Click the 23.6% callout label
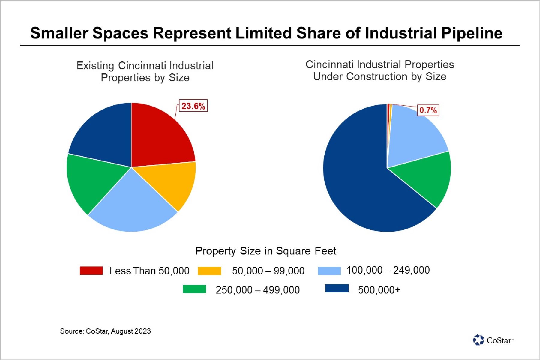click(193, 106)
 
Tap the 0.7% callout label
click(428, 110)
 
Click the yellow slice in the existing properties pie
click(171, 183)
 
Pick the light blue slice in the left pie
click(132, 204)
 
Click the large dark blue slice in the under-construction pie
click(360, 180)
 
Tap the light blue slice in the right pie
click(414, 135)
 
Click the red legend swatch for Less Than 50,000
click(91, 271)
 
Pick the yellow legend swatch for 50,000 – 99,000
click(209, 271)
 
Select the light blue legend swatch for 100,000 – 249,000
click(329, 271)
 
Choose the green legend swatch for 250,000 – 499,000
click(194, 289)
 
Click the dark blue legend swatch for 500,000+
click(337, 289)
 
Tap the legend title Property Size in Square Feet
click(265, 251)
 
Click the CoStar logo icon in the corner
click(478, 340)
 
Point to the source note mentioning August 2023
click(105, 331)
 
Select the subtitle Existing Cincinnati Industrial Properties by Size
click(145, 72)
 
